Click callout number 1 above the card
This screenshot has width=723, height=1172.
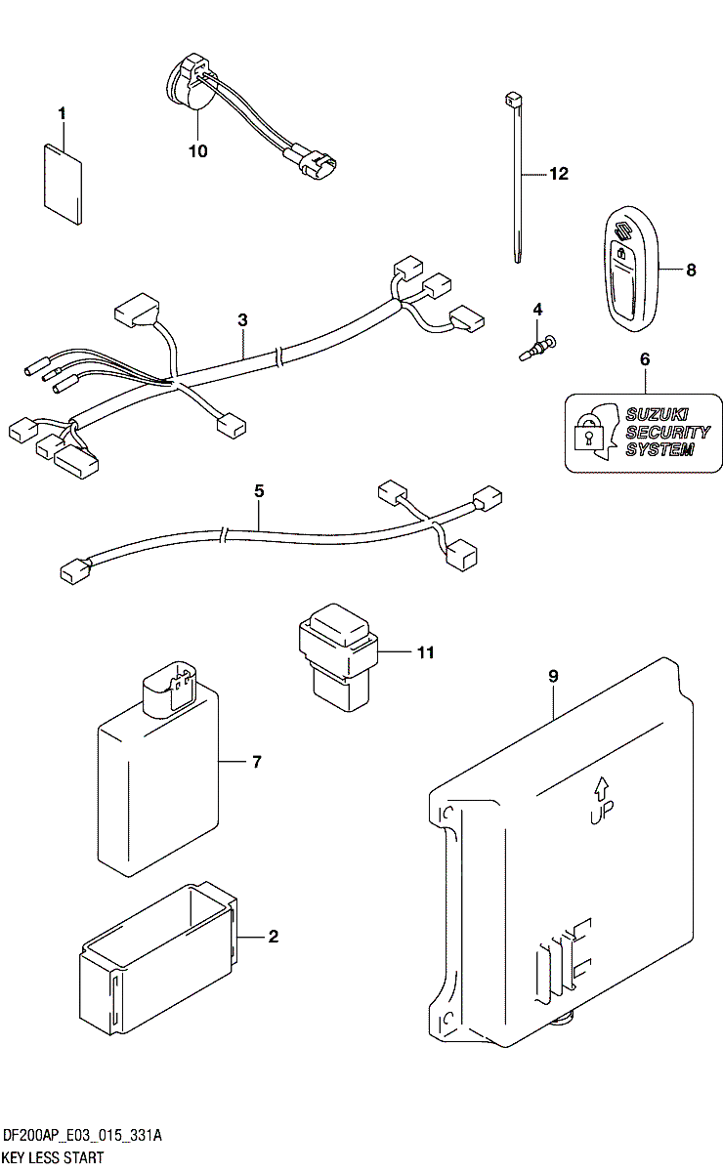pyautogui.click(x=62, y=114)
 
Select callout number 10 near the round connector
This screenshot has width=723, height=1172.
pyautogui.click(x=198, y=151)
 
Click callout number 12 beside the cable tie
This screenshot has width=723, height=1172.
pyautogui.click(x=558, y=174)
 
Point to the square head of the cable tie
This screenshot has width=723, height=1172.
pyautogui.click(x=511, y=99)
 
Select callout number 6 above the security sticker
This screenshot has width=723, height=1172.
pyautogui.click(x=644, y=359)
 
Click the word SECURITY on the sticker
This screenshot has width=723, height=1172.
pyautogui.click(x=667, y=432)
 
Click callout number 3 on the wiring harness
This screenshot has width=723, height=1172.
pyautogui.click(x=242, y=319)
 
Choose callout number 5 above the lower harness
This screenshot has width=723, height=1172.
pyautogui.click(x=259, y=490)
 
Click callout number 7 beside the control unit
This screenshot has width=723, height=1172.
pyautogui.click(x=256, y=762)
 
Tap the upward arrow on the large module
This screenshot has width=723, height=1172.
pyautogui.click(x=602, y=788)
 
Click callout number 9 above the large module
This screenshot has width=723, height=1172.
pyautogui.click(x=553, y=676)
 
